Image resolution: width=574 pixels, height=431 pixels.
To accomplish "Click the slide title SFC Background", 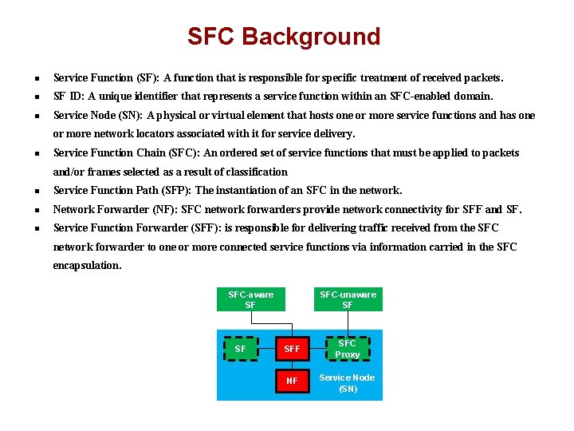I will pos(284,37).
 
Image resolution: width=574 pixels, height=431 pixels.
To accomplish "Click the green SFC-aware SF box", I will pos(250,299).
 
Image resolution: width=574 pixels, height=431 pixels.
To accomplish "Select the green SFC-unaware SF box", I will pos(348,299).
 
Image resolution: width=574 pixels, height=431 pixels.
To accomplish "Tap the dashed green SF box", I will pos(241,349).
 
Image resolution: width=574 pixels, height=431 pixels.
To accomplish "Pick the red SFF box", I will pos(292,349).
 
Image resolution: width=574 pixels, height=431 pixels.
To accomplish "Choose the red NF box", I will pos(292,382).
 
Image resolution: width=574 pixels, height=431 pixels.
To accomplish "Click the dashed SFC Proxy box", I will pos(348,349).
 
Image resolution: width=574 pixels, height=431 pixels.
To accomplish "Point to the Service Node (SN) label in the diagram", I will pos(348,383).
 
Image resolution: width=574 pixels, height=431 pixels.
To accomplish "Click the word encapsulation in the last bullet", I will pos(87,266).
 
